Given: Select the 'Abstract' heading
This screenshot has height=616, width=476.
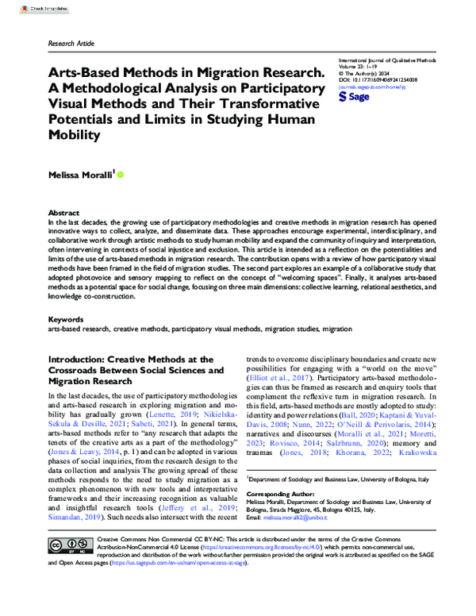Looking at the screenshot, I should (63, 214).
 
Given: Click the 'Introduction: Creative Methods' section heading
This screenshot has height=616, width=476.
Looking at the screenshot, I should (125, 360).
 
